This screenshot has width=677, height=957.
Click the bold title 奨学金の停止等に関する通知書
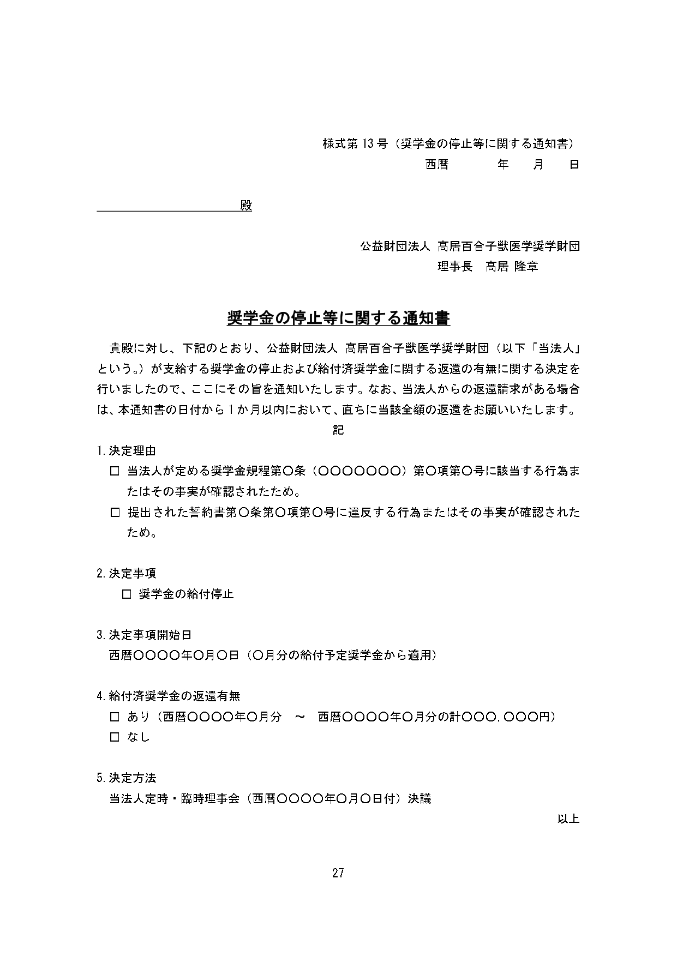338,318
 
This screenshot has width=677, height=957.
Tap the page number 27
338,873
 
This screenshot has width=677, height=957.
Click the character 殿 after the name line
246,206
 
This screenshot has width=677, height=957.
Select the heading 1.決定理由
126,451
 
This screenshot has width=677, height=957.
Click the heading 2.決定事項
126,574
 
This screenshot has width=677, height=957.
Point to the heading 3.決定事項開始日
144,635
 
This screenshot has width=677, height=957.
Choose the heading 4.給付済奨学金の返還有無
168,696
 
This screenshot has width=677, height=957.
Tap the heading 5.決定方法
126,778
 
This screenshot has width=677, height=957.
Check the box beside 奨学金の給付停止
127,594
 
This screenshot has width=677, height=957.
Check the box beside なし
115,737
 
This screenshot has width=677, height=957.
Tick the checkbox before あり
115,717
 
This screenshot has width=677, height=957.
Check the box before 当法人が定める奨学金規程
115,471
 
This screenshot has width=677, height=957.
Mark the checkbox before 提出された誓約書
115,513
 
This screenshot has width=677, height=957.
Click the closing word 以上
568,819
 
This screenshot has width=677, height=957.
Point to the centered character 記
338,430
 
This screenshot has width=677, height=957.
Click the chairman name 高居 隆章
512,267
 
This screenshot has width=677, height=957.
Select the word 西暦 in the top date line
437,165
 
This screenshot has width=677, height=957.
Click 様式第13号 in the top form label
355,144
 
